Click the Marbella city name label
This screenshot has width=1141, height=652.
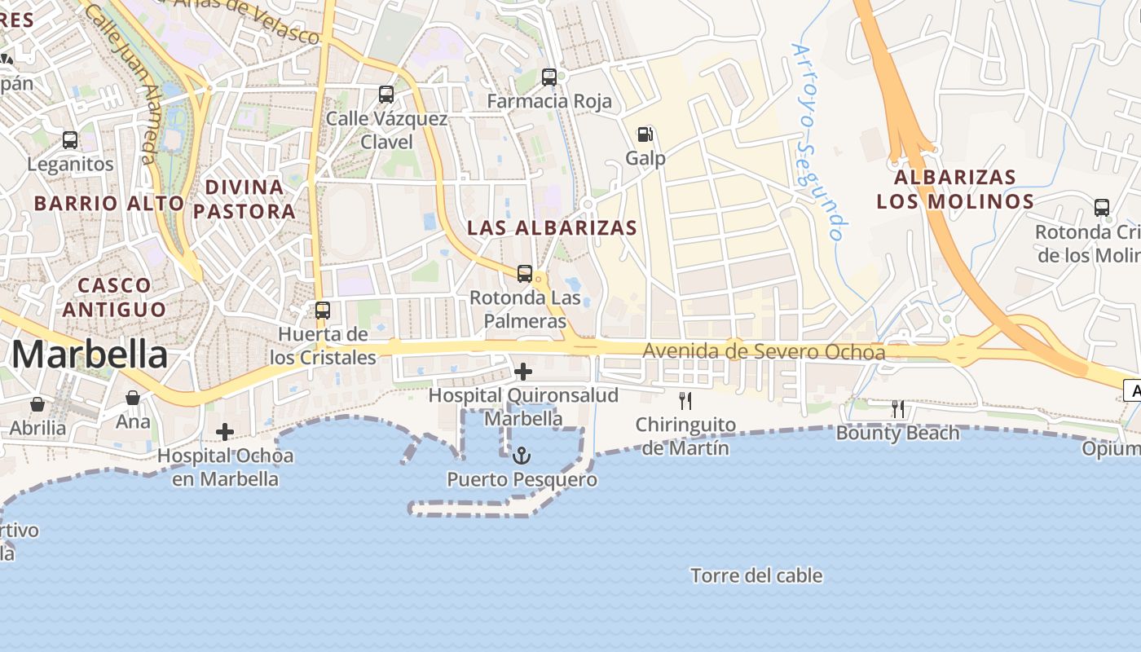point(90,355)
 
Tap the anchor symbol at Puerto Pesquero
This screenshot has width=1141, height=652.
point(522,455)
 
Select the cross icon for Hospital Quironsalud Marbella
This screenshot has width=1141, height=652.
point(523,372)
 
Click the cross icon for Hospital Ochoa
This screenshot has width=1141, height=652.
point(225,431)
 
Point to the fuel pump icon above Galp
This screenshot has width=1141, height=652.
point(645,134)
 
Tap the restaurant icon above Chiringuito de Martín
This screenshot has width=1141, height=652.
point(685,400)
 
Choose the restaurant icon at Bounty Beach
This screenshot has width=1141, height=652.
point(897,408)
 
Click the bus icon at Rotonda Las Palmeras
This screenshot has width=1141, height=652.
point(525,274)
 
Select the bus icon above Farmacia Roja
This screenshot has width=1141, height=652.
point(549,77)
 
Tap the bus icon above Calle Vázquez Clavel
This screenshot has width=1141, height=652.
point(386,95)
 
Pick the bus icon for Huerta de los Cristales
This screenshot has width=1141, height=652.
point(323,311)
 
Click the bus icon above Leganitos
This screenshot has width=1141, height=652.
point(70,140)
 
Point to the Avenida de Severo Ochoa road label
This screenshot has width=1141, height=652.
point(764,352)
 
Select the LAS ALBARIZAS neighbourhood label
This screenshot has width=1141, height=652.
point(552,227)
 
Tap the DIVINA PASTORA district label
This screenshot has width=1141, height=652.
point(244,199)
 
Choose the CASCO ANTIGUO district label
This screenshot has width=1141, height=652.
point(114,297)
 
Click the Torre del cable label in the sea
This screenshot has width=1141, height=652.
point(756,576)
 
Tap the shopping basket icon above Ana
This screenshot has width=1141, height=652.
point(133,398)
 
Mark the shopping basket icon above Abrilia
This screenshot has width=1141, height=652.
point(37,404)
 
